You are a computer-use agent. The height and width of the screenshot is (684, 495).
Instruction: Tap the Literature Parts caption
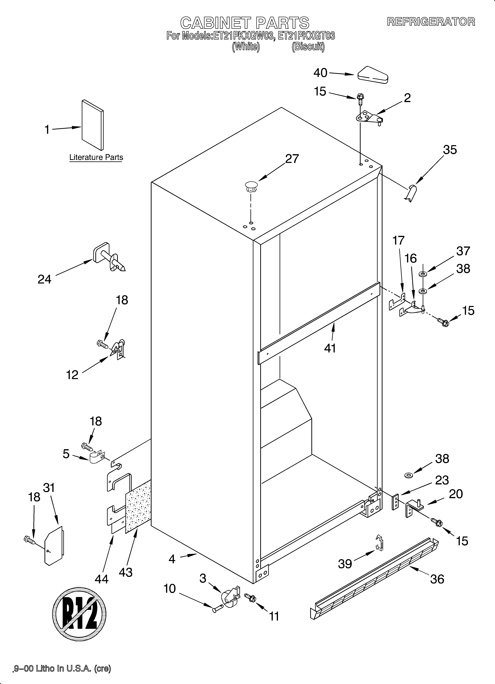coord(96,157)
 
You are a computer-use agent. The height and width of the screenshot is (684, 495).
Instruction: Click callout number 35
coord(450,150)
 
